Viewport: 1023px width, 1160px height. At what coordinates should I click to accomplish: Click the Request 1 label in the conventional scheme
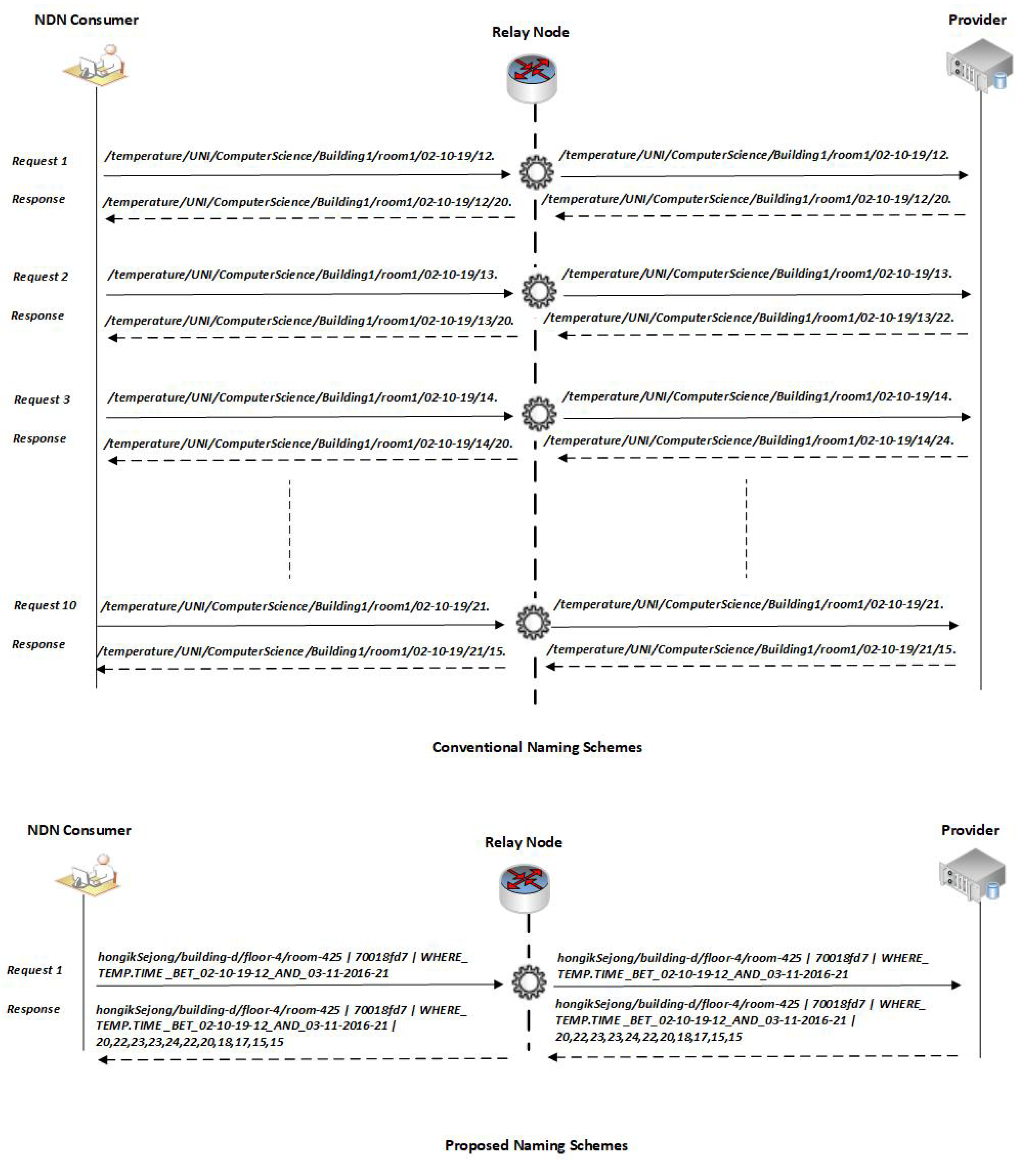pyautogui.click(x=40, y=161)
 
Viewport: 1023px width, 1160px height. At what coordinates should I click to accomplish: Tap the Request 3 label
pyautogui.click(x=42, y=400)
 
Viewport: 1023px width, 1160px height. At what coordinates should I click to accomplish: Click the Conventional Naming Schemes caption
pyautogui.click(x=537, y=747)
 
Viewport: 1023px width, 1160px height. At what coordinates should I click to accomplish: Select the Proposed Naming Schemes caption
pyautogui.click(x=536, y=1145)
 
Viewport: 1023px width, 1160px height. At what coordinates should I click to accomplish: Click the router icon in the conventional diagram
pyautogui.click(x=532, y=78)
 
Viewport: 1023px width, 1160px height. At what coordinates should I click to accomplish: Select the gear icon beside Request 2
pyautogui.click(x=538, y=291)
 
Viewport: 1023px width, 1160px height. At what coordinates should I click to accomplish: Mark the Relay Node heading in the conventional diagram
pyautogui.click(x=531, y=32)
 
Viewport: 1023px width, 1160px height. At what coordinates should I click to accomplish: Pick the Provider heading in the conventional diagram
pyautogui.click(x=977, y=20)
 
